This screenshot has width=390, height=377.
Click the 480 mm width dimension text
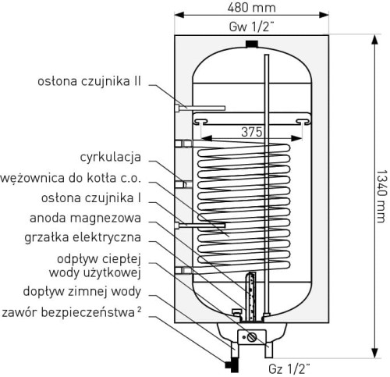251,8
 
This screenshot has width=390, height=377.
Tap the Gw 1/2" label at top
251,27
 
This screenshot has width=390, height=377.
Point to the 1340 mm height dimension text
381,197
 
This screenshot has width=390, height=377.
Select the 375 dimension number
251,132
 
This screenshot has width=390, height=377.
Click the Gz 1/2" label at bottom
289,368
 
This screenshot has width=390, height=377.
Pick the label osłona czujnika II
89,81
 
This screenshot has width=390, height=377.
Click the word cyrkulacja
111,157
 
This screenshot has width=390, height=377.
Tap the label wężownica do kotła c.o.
71,178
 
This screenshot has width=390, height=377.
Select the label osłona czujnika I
91,198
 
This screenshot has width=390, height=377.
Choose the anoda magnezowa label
85,218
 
